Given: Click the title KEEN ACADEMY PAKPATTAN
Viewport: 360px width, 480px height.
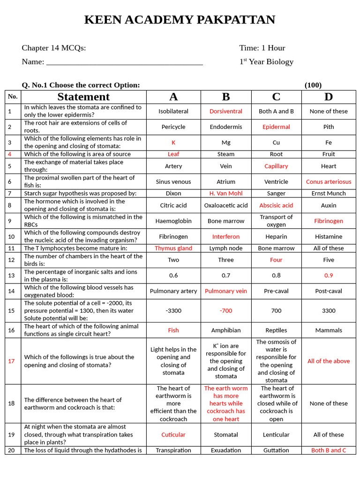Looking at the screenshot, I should (x=180, y=20).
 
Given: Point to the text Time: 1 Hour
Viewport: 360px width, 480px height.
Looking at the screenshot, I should (x=262, y=48).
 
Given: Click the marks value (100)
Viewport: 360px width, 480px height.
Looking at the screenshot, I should (x=313, y=85).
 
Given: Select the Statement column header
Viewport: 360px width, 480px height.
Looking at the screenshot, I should (x=83, y=97).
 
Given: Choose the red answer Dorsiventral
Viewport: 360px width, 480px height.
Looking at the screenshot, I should (x=226, y=112).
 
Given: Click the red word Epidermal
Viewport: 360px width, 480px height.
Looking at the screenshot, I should (x=276, y=127).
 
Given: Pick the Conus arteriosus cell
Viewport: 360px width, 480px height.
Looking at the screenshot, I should (x=329, y=182).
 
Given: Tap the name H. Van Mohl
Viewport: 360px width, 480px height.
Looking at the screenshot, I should (x=226, y=193).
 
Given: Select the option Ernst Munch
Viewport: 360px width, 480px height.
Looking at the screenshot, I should (x=329, y=193).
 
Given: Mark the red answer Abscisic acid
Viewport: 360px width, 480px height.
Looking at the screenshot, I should (x=276, y=205).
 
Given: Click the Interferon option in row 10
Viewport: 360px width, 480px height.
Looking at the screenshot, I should (x=226, y=237).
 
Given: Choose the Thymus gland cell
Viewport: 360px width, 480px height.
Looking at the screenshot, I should (x=173, y=248).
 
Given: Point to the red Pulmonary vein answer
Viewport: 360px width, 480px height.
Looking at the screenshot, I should (x=226, y=291).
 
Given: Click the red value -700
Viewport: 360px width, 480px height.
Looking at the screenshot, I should (x=226, y=311).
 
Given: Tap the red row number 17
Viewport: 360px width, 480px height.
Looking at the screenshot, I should (x=12, y=361).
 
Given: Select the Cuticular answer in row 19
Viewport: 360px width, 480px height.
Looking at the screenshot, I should (x=173, y=435).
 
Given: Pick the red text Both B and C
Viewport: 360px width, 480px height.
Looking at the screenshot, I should (x=329, y=450).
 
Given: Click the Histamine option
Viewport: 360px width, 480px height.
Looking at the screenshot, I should (x=329, y=237).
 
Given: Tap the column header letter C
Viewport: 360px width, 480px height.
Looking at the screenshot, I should (x=276, y=97).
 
